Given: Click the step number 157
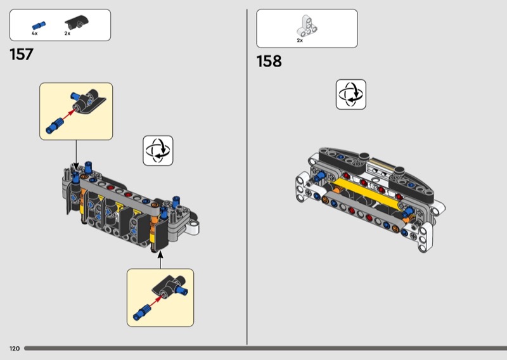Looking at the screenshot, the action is (22, 55).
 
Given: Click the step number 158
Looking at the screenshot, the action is (269, 61).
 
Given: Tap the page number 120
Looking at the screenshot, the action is (15, 349).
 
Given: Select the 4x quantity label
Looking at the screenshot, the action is (35, 34).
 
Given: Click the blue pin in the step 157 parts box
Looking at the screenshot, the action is (39, 25).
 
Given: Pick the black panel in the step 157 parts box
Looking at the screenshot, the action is (77, 22).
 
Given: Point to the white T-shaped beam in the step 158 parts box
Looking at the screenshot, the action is (307, 26).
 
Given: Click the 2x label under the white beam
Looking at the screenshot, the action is (300, 41).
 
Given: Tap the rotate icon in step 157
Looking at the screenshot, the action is (158, 151).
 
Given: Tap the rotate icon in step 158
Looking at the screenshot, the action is (351, 94).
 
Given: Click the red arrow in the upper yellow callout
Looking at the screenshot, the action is (69, 115).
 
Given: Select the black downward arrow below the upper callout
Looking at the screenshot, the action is (76, 155).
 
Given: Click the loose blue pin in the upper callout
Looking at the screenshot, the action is (54, 126).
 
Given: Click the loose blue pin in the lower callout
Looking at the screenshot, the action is (141, 312).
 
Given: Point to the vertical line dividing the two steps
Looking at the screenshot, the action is (247, 177).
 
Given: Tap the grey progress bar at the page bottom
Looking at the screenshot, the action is (266, 349).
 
